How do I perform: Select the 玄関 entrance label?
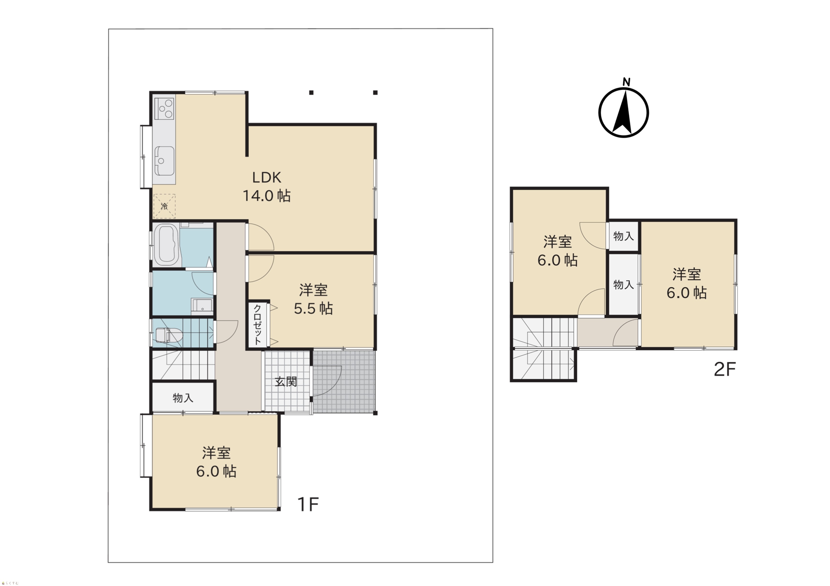[286, 382]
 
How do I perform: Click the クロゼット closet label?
[257, 325]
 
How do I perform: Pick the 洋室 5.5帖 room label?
[313, 299]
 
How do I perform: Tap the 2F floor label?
[725, 369]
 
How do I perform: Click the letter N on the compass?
[627, 82]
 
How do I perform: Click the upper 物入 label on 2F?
[624, 236]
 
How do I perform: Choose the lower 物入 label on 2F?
[624, 285]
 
